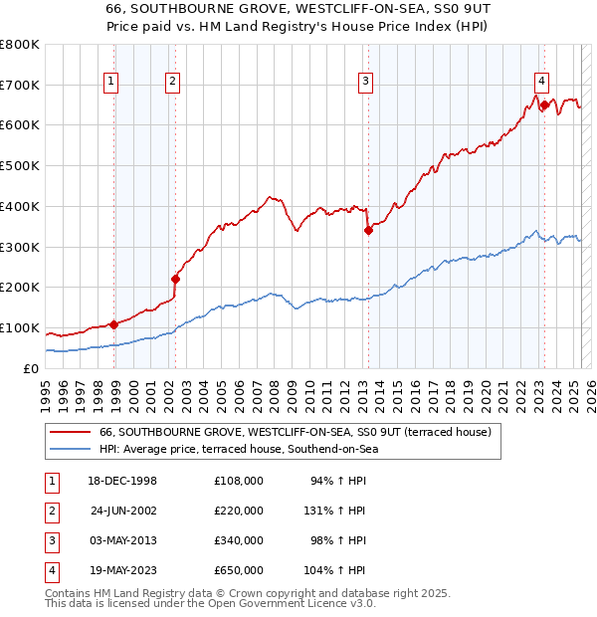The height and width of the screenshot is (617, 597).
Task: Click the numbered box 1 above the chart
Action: [x=110, y=83]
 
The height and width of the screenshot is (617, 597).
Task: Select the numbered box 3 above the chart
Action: [x=366, y=83]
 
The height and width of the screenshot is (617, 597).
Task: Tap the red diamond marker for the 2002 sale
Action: [x=175, y=279]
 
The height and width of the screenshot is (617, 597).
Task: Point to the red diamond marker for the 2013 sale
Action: [x=368, y=230]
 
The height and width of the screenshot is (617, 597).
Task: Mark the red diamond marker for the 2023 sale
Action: [x=544, y=103]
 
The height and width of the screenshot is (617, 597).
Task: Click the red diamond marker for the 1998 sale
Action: [x=113, y=323]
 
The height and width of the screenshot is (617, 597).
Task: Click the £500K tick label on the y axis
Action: [x=20, y=166]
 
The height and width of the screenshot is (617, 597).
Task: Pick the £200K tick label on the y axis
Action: [x=20, y=288]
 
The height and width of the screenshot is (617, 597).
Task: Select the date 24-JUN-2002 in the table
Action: [x=123, y=511]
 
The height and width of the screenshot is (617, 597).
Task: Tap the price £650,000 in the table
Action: [x=238, y=570]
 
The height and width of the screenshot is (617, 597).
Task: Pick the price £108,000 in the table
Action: [x=238, y=481]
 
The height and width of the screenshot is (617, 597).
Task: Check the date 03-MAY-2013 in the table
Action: [x=123, y=540]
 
